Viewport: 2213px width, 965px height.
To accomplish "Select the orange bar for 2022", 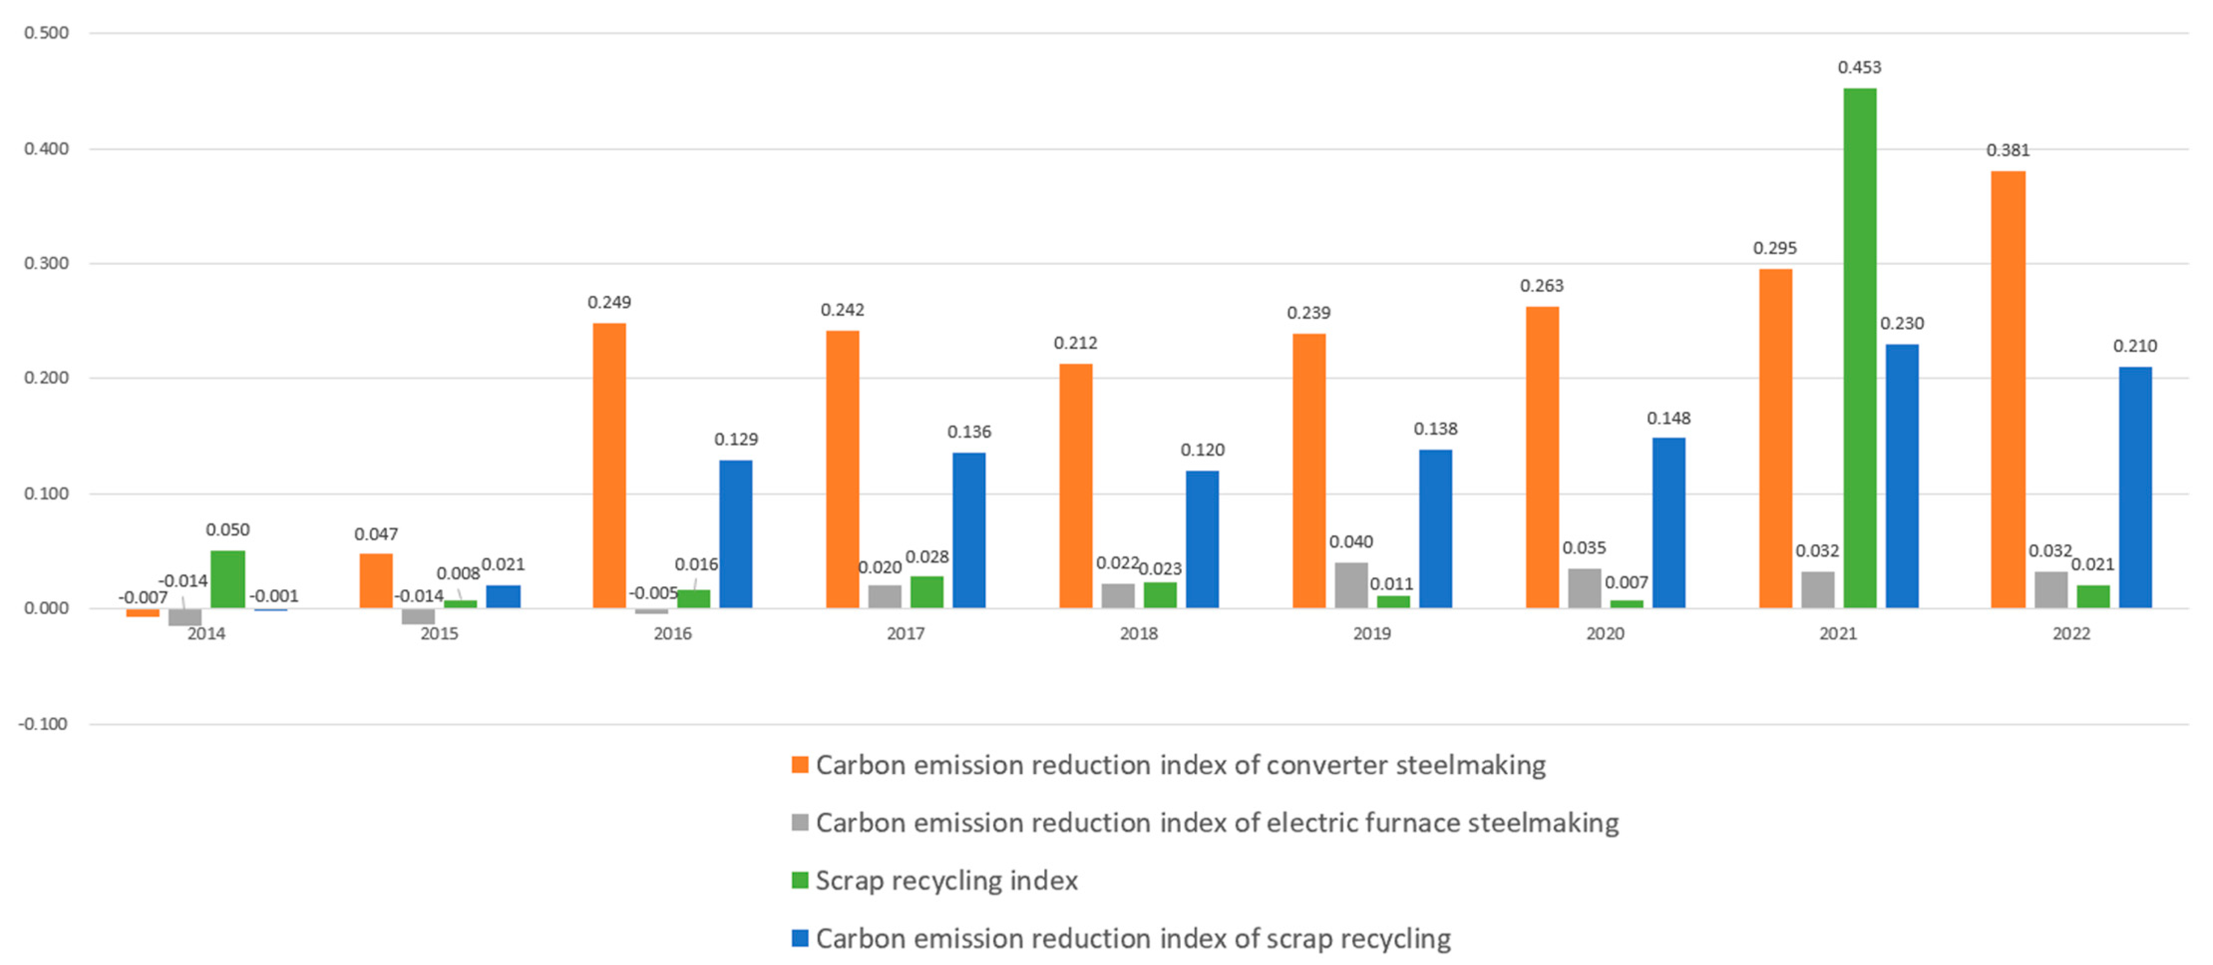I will (x=2008, y=389).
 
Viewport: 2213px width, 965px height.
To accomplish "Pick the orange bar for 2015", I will (x=375, y=581).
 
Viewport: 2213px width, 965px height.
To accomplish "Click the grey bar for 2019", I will (x=1350, y=585).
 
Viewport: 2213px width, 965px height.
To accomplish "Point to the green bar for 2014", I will (x=228, y=579).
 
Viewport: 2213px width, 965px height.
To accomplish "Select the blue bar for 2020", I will (x=1668, y=522).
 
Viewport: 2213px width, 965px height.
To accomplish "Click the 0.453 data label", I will (x=1859, y=67).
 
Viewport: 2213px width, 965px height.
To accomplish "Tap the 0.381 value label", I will (x=2008, y=150).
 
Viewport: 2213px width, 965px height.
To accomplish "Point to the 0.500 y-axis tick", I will (x=46, y=32).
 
